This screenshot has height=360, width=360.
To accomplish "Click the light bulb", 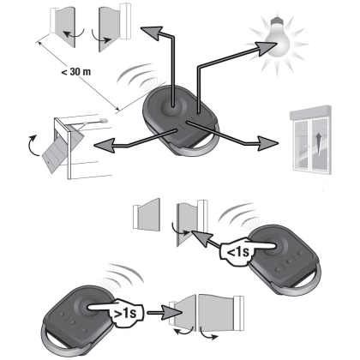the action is point(277,39).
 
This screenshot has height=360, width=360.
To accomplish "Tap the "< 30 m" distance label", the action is point(76,71).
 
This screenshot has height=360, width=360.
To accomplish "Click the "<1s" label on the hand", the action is point(237,252).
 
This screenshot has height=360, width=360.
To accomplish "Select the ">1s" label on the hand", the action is point(125,313).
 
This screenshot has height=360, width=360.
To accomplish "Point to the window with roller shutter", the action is point(311,139).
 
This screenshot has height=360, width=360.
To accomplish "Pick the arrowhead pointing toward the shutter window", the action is point(267,143).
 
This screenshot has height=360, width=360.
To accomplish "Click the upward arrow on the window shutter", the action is point(318,144).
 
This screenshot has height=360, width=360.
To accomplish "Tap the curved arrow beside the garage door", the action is point(33,146).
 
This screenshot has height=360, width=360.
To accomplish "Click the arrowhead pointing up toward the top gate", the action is point(152,32).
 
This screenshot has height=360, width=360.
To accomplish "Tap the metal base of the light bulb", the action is point(277,21).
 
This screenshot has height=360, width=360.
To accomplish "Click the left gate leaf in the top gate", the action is point(65,27).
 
